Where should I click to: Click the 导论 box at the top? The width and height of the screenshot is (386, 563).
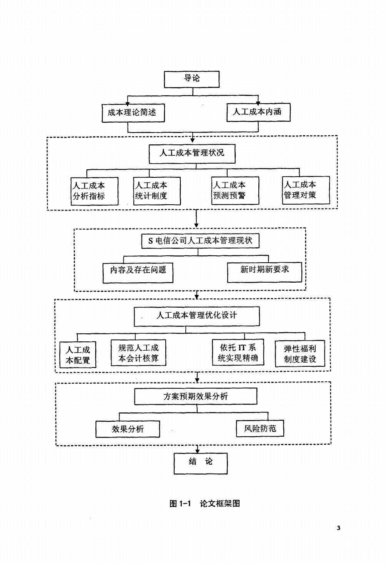[192, 79]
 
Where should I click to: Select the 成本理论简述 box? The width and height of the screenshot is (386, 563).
[133, 113]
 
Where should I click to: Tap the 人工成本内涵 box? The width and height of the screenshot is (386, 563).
[258, 112]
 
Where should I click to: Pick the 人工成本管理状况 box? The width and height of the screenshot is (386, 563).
[192, 154]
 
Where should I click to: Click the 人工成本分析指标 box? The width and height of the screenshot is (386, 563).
[94, 191]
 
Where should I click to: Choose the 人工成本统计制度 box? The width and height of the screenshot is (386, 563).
[157, 191]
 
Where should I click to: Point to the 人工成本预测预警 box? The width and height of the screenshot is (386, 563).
[235, 190]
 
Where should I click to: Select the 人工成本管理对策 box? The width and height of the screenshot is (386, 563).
[306, 190]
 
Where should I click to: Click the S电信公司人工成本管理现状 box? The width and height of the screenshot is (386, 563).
[200, 241]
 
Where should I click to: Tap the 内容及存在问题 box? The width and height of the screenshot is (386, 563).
[138, 273]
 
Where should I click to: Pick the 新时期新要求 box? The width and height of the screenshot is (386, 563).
[265, 272]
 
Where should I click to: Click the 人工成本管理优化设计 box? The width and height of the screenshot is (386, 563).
[197, 316]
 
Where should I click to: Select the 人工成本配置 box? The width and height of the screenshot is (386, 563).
[78, 354]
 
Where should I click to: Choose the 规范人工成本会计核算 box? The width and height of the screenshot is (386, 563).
[138, 353]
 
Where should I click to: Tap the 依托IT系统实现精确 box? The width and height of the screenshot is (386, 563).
[238, 352]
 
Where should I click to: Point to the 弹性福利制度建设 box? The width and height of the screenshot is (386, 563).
[300, 353]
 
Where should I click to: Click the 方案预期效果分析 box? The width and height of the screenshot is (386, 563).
[196, 396]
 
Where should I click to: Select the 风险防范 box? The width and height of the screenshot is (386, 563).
[260, 428]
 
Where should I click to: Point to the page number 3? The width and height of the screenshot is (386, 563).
[338, 528]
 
